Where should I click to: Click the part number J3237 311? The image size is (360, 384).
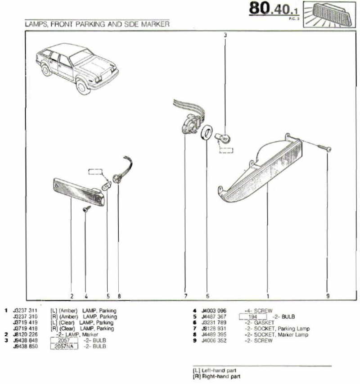pyautogui.click(x=25, y=311)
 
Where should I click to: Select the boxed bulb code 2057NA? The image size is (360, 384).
pyautogui.click(x=64, y=346)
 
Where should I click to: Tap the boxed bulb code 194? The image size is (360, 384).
pyautogui.click(x=252, y=316)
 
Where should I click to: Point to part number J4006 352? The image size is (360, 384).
pyautogui.click(x=214, y=340)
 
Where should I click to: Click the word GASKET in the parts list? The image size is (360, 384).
pyautogui.click(x=264, y=322)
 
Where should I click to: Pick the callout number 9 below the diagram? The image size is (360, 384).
pyautogui.click(x=328, y=296)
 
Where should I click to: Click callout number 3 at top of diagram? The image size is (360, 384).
pyautogui.click(x=225, y=35)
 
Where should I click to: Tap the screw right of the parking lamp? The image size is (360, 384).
pyautogui.click(x=324, y=148)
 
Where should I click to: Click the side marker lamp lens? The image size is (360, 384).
pyautogui.click(x=79, y=192)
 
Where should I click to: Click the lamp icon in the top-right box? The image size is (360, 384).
pyautogui.click(x=329, y=14)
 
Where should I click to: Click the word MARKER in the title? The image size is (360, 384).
pyautogui.click(x=155, y=24)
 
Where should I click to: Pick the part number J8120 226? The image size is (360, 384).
pyautogui.click(x=25, y=334)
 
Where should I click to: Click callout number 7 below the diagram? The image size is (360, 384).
pyautogui.click(x=185, y=296)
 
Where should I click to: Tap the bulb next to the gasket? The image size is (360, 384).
pyautogui.click(x=222, y=138)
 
